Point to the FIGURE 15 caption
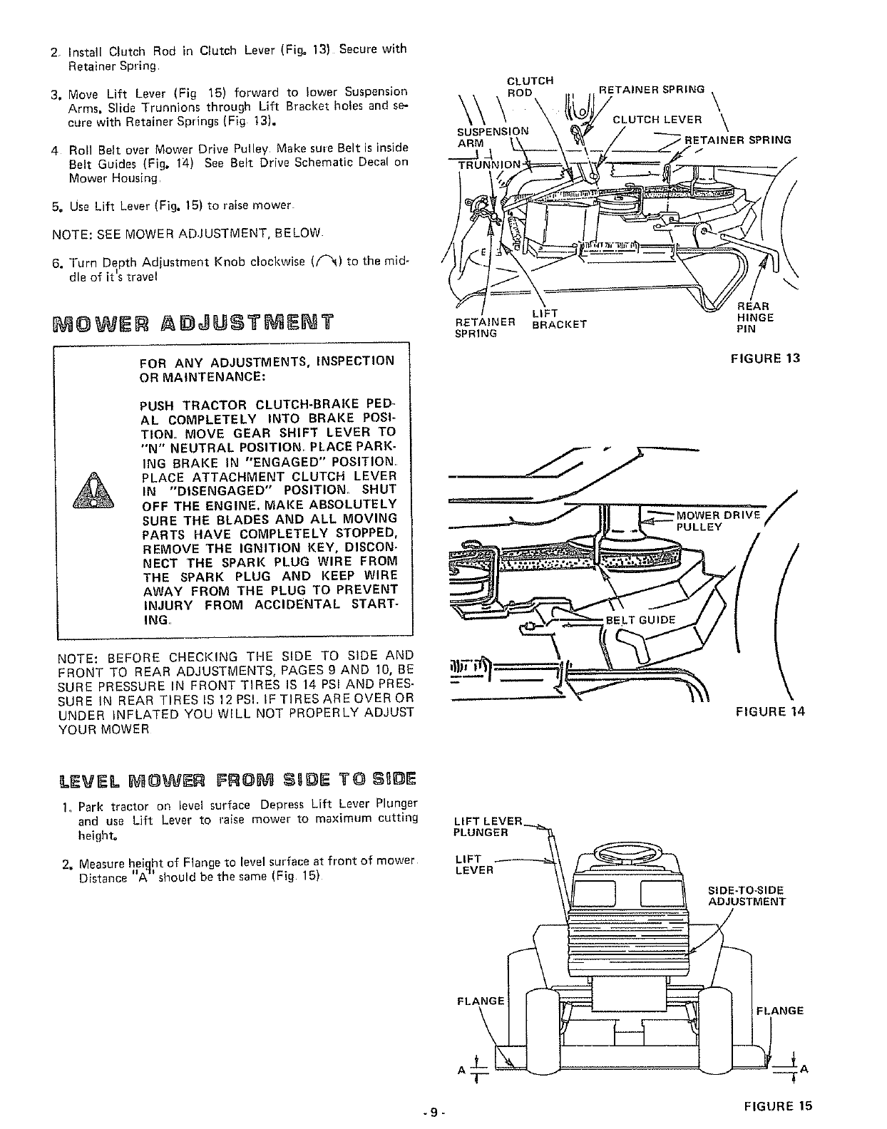coord(777,1106)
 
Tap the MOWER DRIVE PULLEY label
coord(719,521)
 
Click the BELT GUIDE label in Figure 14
coord(640,619)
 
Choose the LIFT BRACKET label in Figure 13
coord(559,319)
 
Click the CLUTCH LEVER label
coord(657,119)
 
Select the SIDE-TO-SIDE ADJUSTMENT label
coord(746,896)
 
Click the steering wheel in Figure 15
coord(627,852)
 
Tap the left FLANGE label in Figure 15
coord(480,1001)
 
